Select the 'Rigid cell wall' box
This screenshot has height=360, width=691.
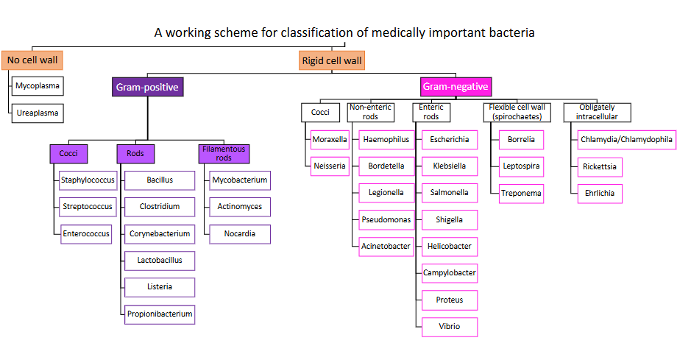tap(331, 60)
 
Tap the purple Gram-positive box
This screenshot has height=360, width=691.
tap(147, 87)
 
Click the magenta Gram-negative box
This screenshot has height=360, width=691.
tap(456, 87)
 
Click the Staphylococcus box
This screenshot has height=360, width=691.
tap(87, 180)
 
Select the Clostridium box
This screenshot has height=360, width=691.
tap(160, 206)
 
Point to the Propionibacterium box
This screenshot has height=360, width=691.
tap(160, 314)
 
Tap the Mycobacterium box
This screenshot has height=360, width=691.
tap(239, 180)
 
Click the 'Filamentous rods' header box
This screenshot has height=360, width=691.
tap(223, 153)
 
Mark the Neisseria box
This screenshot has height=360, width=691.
tap(329, 166)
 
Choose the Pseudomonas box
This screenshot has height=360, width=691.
tap(386, 219)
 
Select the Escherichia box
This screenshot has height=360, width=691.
tap(449, 139)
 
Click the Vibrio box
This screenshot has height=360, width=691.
tap(449, 326)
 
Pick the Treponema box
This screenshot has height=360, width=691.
tap(521, 194)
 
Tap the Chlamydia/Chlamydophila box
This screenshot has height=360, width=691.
tap(626, 139)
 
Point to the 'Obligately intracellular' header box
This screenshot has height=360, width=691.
tap(597, 112)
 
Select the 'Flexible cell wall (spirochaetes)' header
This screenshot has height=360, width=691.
tap(517, 112)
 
